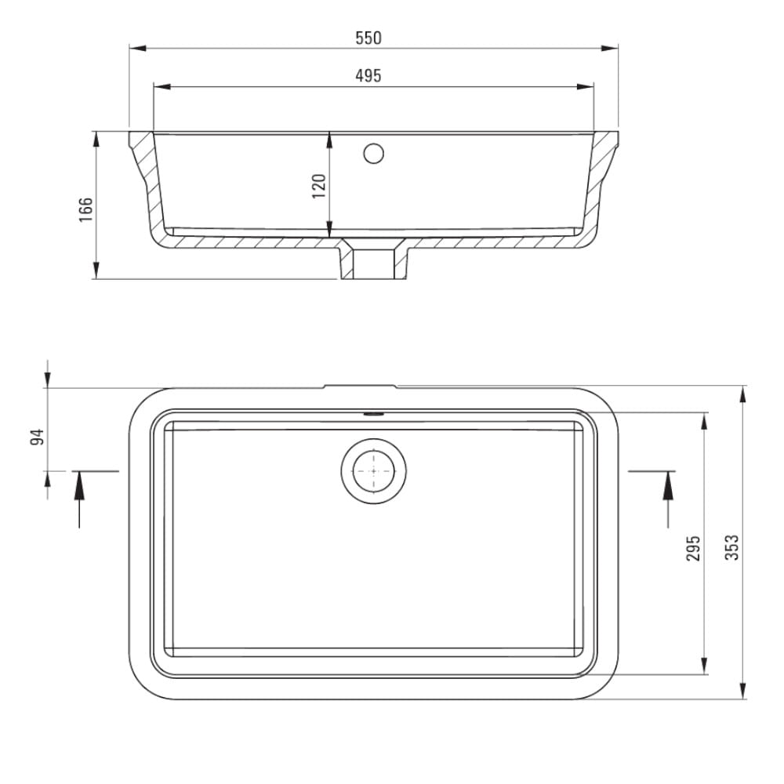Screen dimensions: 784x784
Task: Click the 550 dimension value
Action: pyautogui.click(x=368, y=38)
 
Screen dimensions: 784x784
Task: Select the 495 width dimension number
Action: pyautogui.click(x=368, y=76)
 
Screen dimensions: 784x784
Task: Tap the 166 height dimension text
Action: pyautogui.click(x=86, y=209)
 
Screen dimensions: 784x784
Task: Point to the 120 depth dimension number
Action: pyautogui.click(x=319, y=186)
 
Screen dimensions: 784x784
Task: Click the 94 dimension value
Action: pyautogui.click(x=38, y=437)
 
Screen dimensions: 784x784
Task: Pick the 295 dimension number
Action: pyautogui.click(x=693, y=548)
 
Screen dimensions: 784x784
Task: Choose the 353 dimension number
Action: pyautogui.click(x=731, y=547)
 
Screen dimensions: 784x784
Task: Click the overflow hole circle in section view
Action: pyautogui.click(x=373, y=154)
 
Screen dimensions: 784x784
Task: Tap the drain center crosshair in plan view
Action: pyautogui.click(x=373, y=471)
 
